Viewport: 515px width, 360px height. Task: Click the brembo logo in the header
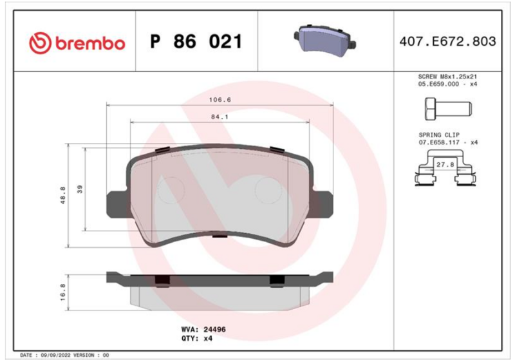point(77,43)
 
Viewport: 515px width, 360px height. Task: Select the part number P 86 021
point(196,41)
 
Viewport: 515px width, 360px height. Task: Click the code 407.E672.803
point(447,41)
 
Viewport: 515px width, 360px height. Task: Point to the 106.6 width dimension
point(220,100)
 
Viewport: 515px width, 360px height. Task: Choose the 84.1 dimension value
point(220,117)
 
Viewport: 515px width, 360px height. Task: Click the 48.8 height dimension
point(62,195)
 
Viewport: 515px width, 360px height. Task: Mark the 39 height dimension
point(80,189)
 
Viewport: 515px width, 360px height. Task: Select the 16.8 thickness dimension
point(62,292)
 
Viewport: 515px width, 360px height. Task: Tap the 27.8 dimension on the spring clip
point(445,165)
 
